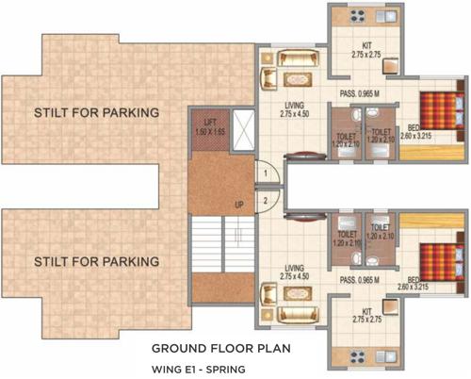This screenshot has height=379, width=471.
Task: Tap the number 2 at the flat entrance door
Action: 267,199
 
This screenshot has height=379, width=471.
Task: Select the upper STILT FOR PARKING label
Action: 95,113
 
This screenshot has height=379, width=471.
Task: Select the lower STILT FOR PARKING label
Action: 95,260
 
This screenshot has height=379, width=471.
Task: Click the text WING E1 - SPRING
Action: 202,367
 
